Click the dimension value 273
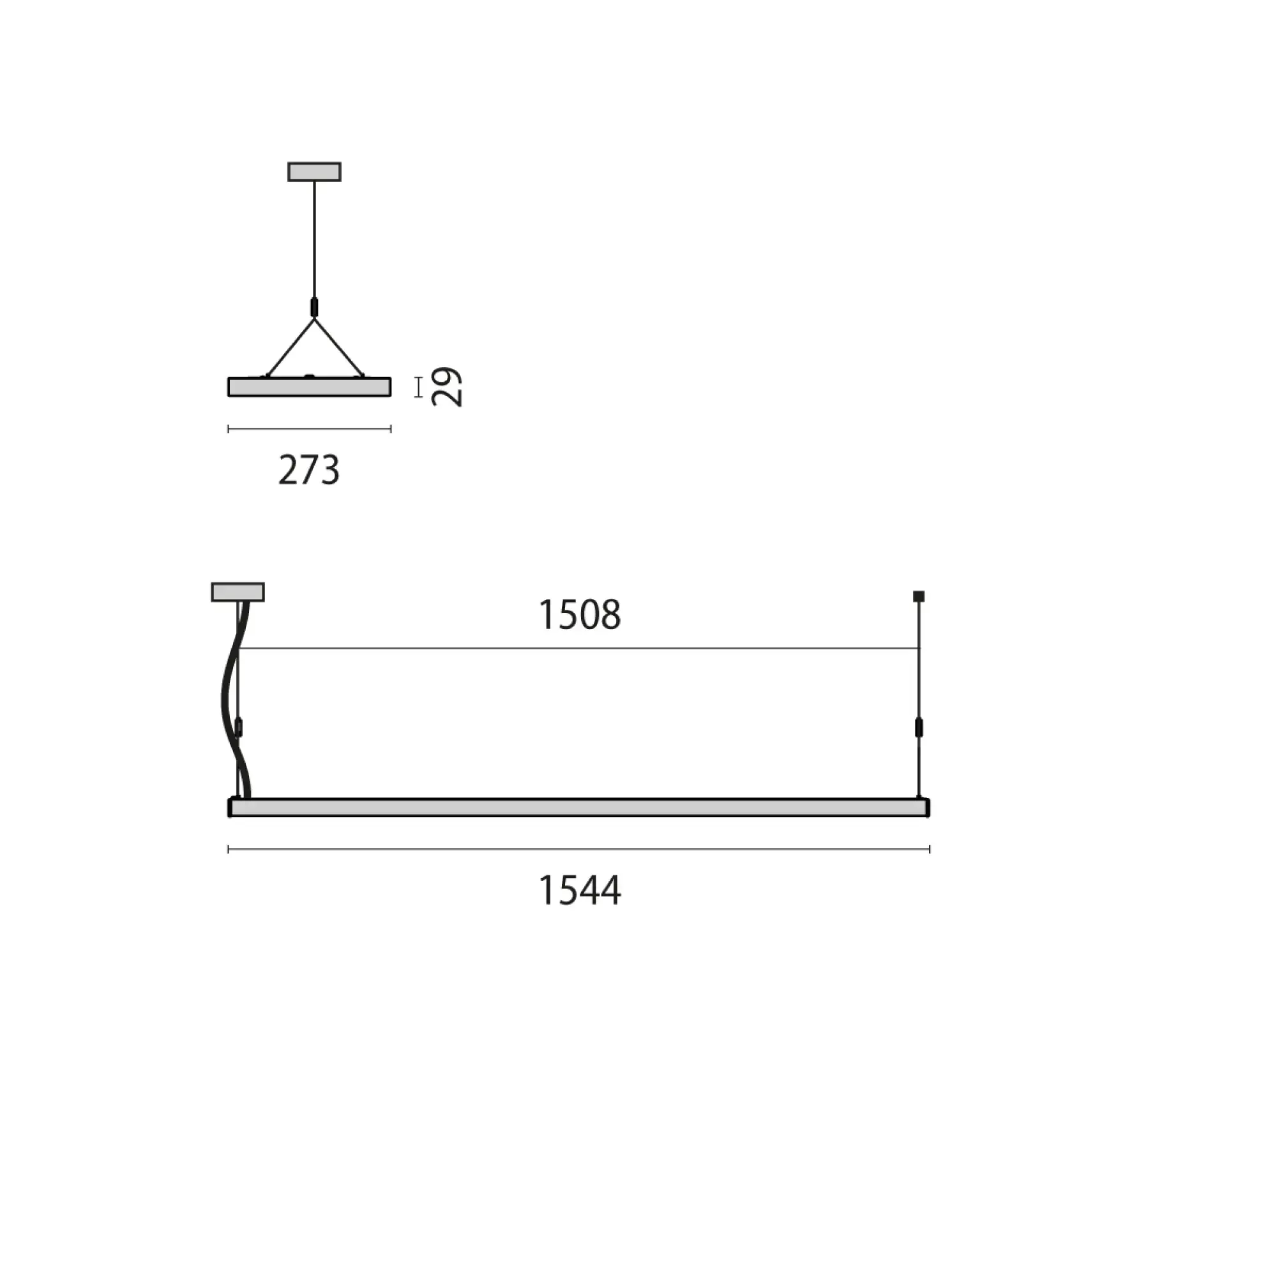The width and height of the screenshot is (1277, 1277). (308, 471)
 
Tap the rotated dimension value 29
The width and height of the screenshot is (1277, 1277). (447, 387)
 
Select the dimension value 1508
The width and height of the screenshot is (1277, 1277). (580, 615)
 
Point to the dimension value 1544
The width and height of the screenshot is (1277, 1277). (580, 890)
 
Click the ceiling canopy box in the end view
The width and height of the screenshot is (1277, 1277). (314, 172)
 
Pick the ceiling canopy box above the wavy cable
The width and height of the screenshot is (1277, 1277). (238, 593)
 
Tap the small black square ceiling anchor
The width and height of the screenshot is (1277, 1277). (919, 596)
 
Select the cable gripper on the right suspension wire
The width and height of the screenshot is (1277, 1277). (919, 728)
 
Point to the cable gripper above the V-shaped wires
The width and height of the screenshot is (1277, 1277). (314, 307)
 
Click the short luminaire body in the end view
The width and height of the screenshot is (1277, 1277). (308, 388)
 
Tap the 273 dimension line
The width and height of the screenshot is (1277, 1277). (308, 429)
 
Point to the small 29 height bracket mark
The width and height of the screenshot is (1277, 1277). (418, 388)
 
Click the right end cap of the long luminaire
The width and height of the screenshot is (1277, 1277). (927, 808)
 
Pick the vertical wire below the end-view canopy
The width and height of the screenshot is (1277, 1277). (314, 238)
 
